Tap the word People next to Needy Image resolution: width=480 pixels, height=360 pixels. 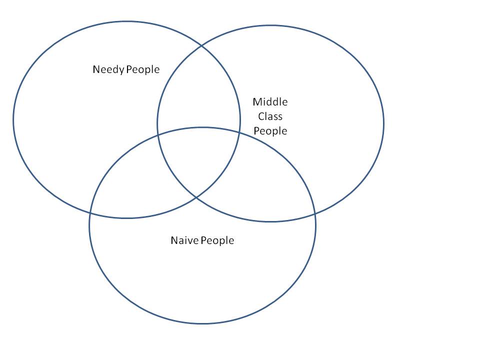(x=143, y=69)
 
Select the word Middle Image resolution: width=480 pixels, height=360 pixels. (x=270, y=102)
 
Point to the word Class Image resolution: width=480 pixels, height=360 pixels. (x=270, y=116)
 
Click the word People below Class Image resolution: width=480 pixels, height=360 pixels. (x=270, y=131)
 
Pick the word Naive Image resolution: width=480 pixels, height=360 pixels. (x=184, y=240)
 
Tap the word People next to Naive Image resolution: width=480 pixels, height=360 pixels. (x=217, y=240)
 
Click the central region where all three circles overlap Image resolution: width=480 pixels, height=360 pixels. (x=200, y=160)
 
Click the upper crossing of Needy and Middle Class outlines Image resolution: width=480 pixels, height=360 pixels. (x=201, y=46)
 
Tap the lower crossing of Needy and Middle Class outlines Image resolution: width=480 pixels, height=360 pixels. (x=195, y=196)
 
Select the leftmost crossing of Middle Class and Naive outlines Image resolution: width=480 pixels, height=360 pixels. (x=158, y=135)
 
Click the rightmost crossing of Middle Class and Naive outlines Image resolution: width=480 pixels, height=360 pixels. (x=315, y=214)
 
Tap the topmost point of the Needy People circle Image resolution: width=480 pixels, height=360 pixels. (x=126, y=21)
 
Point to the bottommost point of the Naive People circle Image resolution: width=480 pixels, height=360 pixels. (x=202, y=323)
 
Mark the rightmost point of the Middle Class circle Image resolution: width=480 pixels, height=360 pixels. (x=383, y=123)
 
